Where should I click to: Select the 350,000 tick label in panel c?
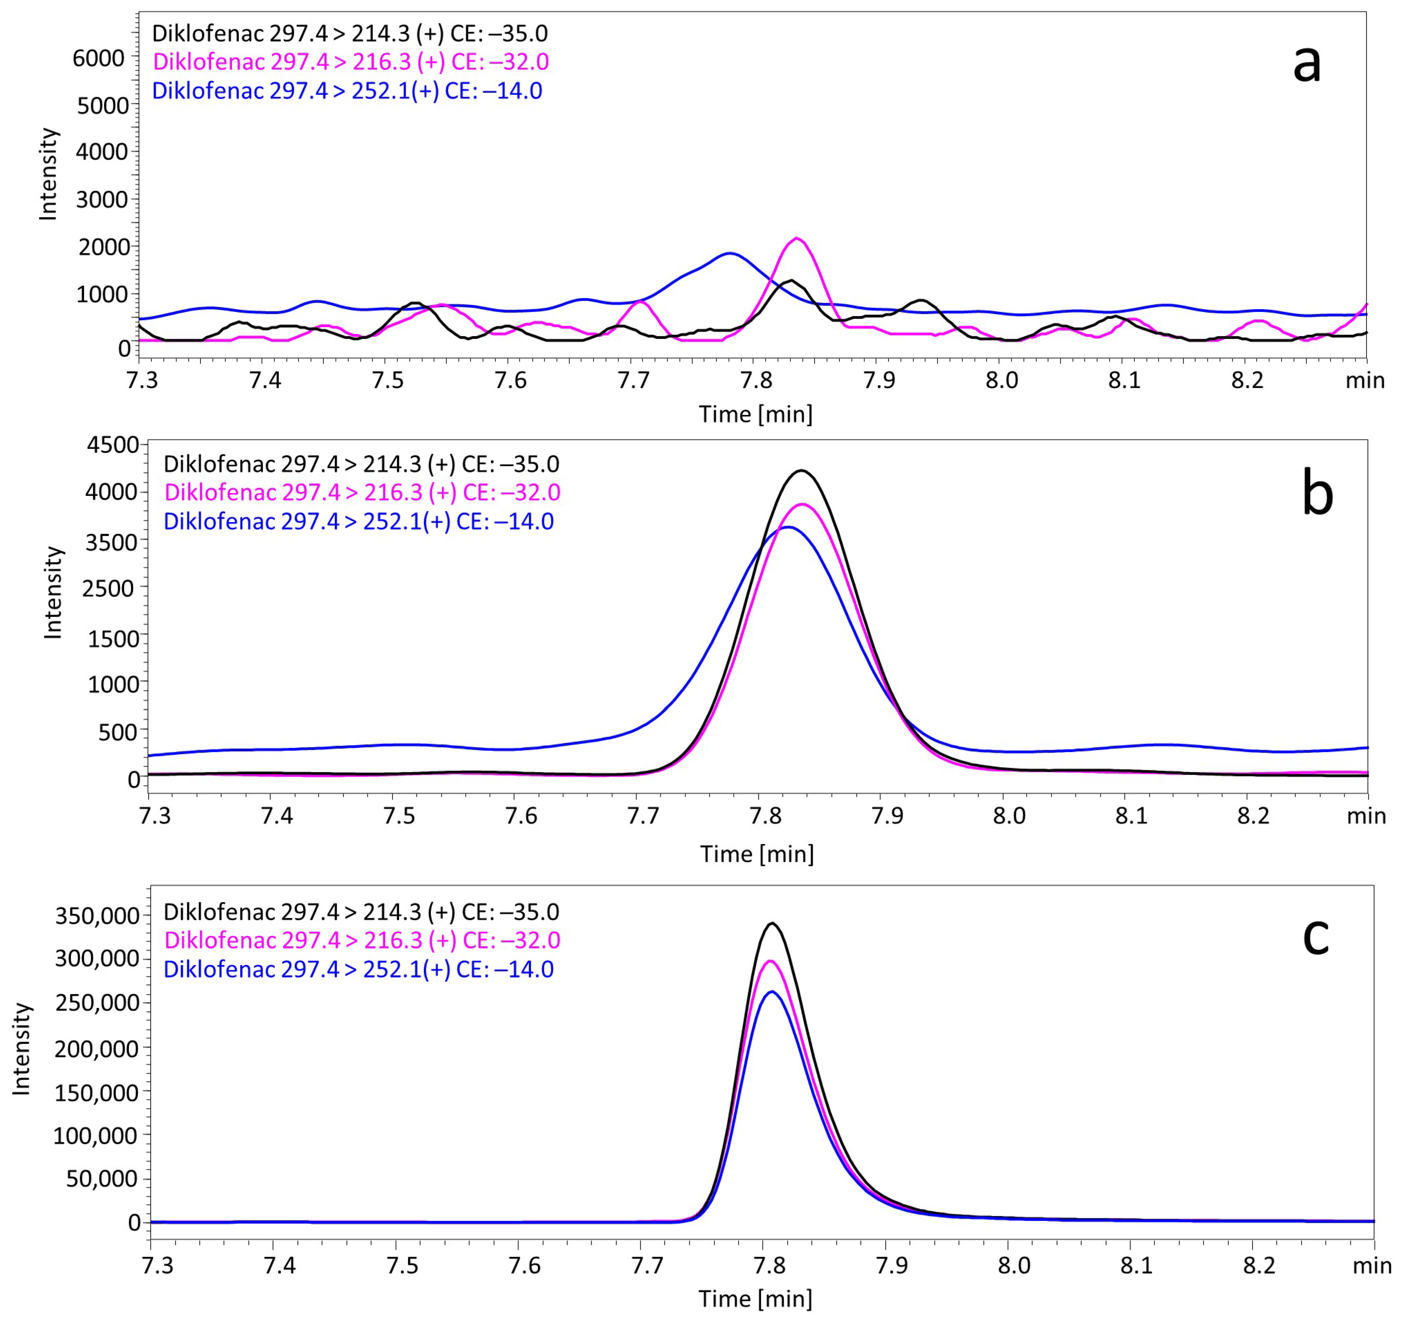tap(97, 915)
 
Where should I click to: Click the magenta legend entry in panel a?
tap(350, 62)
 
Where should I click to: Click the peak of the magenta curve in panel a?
tap(797, 239)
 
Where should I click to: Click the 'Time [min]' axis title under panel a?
tap(755, 414)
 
